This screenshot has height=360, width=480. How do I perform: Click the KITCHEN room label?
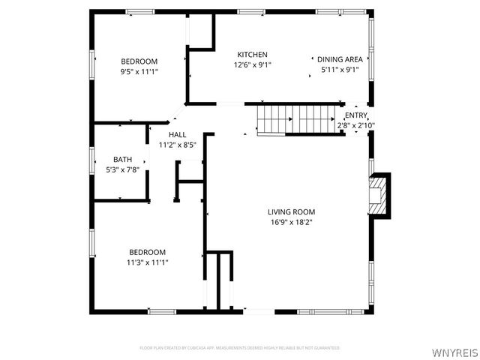click(252, 55)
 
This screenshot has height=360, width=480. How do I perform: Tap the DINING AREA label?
click(340, 59)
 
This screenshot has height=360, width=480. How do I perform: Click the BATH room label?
click(121, 159)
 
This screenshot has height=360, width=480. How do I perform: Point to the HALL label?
click(177, 134)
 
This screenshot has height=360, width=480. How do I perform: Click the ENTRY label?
click(356, 115)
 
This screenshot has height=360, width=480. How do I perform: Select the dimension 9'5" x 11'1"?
click(139, 72)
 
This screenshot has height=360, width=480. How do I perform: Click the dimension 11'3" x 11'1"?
click(147, 262)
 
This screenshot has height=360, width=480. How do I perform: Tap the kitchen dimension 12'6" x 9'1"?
click(252, 65)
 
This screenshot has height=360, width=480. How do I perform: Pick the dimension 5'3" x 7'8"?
click(121, 169)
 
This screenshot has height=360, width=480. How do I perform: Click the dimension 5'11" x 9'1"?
click(340, 70)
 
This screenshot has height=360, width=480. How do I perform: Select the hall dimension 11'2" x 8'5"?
click(177, 145)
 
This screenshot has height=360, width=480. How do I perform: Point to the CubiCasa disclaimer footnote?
click(240, 348)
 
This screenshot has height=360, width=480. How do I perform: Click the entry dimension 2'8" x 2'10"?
click(356, 125)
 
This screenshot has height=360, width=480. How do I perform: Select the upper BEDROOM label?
click(139, 61)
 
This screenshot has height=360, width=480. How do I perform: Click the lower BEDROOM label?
click(147, 252)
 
